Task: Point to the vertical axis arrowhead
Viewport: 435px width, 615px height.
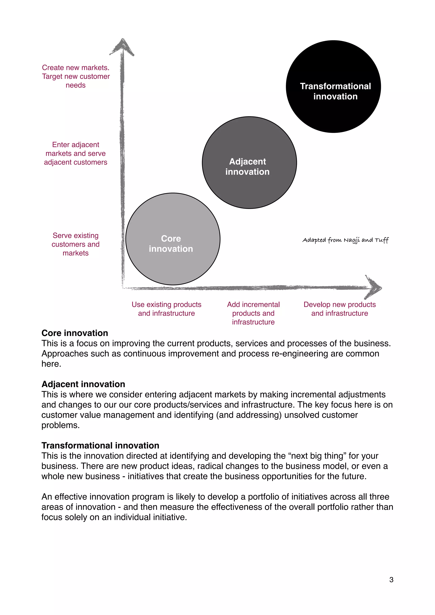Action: tap(122, 47)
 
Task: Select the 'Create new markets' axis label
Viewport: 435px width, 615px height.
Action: tap(76, 76)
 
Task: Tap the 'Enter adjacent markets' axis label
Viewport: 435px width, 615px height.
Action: tap(76, 153)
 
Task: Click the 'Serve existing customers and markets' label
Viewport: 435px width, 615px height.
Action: tap(76, 244)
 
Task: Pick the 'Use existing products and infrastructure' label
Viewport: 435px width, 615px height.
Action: tap(167, 309)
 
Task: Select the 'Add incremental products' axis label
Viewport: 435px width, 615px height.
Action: tap(253, 313)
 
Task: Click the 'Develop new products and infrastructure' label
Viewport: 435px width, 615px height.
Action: tap(340, 309)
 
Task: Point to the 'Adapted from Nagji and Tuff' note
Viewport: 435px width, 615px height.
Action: tap(345, 240)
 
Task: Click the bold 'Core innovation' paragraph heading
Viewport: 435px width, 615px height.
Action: tap(75, 333)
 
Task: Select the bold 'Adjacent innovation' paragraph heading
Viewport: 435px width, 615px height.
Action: tap(83, 384)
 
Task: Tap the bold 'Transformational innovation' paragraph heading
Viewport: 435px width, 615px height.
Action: tap(100, 445)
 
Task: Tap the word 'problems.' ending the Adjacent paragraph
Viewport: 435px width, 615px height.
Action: tap(61, 425)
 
